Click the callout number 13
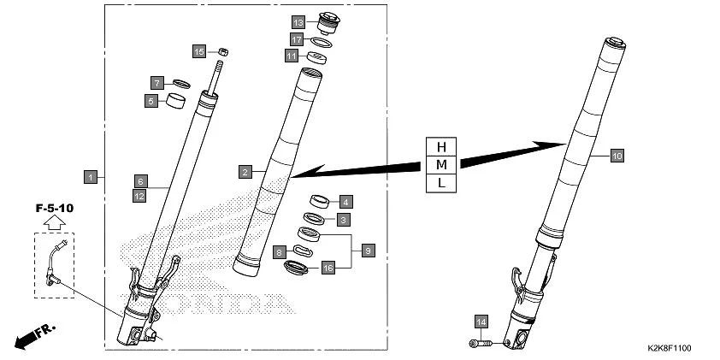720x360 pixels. coord(298,21)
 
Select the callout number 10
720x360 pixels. coord(617,156)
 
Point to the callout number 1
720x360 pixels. coord(90,177)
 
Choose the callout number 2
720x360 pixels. coord(245,172)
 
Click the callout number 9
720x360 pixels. coord(368,251)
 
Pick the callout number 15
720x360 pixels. coord(198,51)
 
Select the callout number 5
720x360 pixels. coord(150,101)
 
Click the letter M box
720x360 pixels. coord(441,162)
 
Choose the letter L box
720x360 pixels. coord(441,182)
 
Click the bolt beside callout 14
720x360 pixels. coord(481,343)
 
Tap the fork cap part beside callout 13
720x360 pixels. coord(328,21)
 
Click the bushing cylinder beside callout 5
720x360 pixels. coord(177,103)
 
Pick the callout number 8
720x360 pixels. coord(280,252)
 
